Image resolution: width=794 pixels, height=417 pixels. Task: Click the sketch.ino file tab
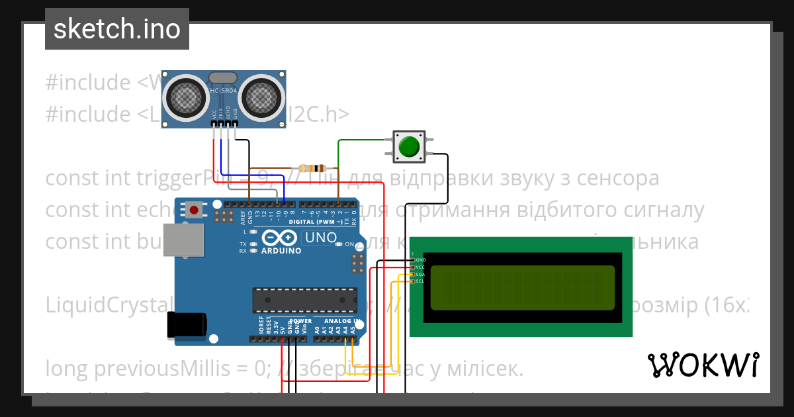[117, 29]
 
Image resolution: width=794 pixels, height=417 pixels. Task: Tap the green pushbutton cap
[410, 146]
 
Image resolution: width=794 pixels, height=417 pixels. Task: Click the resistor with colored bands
[312, 168]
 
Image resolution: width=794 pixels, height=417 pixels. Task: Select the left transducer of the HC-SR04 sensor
[187, 97]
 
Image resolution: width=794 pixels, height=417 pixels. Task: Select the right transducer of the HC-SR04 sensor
[262, 97]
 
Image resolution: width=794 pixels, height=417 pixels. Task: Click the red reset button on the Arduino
[194, 210]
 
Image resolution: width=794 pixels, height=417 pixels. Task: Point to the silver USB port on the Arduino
[184, 239]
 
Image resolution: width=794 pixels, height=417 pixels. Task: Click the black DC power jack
[187, 324]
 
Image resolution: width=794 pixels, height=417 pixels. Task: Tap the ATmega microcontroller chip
[304, 299]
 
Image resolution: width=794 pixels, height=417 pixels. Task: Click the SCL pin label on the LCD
[420, 282]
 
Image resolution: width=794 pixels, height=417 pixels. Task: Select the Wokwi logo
[703, 365]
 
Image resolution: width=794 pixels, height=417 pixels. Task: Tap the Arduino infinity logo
[281, 238]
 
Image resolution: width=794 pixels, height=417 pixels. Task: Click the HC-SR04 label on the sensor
[224, 91]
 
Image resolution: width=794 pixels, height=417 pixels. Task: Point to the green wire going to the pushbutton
[361, 140]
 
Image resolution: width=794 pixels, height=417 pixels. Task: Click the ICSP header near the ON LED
[358, 262]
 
